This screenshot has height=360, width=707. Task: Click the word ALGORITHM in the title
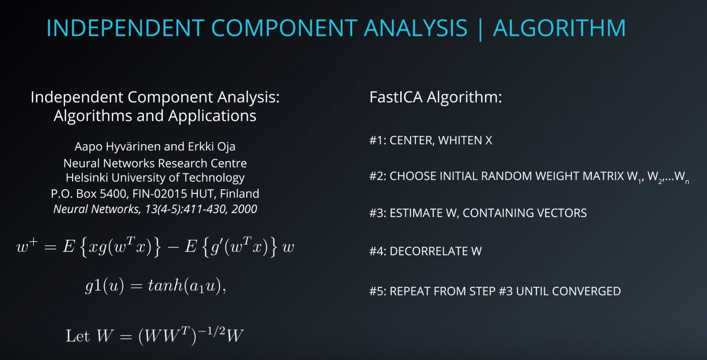click(x=559, y=28)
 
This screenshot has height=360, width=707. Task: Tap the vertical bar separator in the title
click(x=481, y=29)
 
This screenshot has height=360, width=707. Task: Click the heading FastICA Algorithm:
click(x=436, y=97)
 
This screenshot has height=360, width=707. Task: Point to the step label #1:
click(x=378, y=140)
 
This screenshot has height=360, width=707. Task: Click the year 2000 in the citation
click(x=244, y=209)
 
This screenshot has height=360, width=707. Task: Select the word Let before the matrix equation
click(x=78, y=336)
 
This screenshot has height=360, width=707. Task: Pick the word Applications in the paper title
click(x=212, y=116)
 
